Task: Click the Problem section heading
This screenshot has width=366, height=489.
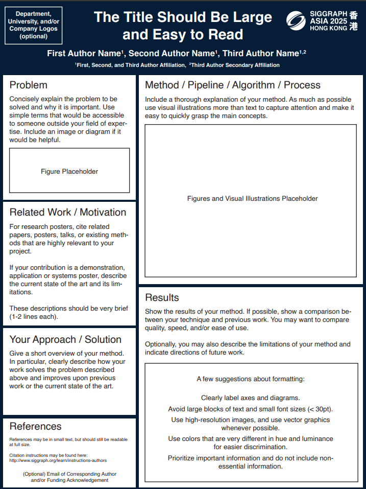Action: click(29, 85)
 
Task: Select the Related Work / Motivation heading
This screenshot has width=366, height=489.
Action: click(68, 213)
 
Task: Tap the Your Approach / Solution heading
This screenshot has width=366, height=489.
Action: click(65, 340)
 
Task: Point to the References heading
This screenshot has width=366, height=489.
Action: click(35, 427)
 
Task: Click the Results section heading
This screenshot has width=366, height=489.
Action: click(162, 298)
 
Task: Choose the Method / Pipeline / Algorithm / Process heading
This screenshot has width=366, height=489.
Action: click(233, 85)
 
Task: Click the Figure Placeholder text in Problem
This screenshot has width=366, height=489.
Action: click(69, 172)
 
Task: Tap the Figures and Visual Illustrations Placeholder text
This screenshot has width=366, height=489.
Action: click(252, 199)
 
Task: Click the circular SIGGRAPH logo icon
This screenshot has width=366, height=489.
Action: click(296, 20)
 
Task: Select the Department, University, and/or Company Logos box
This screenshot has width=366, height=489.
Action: click(33, 25)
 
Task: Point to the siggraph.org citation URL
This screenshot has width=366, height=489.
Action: click(58, 460)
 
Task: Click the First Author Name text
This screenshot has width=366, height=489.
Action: click(84, 54)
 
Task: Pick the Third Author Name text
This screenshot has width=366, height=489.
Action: click(260, 54)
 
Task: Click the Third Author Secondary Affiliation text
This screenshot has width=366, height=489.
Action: click(235, 65)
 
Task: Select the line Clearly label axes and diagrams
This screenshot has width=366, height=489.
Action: click(251, 398)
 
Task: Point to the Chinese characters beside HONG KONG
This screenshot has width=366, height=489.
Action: click(354, 21)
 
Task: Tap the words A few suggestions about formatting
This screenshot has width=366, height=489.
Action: click(251, 379)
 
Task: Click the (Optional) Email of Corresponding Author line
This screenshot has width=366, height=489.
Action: click(69, 474)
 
